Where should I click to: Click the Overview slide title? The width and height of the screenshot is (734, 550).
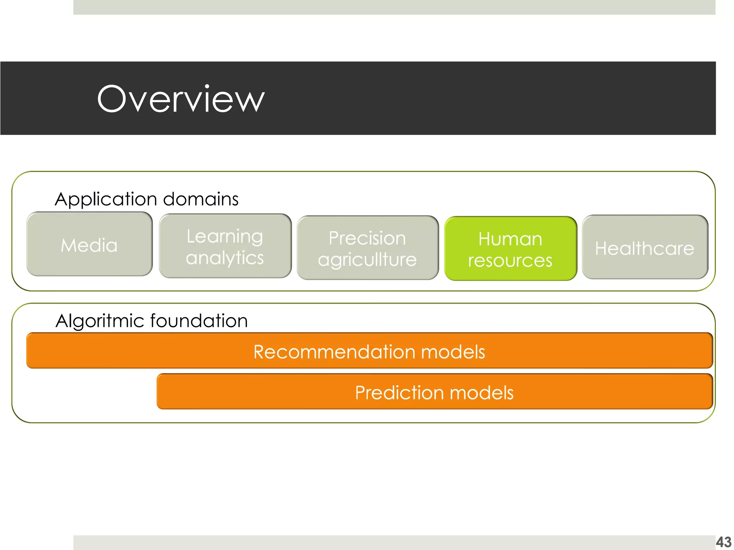181,99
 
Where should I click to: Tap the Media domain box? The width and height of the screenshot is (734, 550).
89,244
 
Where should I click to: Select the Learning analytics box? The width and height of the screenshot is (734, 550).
225,246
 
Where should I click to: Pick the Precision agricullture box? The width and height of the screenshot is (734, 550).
367,248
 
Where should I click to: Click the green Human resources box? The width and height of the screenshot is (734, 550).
510,249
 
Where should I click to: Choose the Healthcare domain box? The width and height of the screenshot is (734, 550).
645,247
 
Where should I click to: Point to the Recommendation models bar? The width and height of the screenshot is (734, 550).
369,351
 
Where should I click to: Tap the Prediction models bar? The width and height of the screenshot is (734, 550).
434,392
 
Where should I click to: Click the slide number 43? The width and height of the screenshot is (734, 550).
723,542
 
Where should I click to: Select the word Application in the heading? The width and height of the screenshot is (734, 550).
106,199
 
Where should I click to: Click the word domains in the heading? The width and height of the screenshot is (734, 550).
201,199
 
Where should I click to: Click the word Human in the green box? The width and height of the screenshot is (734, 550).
510,239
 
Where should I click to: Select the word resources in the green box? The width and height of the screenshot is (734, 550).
510,260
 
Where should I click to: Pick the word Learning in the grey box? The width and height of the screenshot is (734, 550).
225,237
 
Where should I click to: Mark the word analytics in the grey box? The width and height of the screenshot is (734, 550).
225,258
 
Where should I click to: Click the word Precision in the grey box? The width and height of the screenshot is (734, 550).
367,238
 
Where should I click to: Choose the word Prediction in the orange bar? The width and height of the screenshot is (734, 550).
400,392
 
